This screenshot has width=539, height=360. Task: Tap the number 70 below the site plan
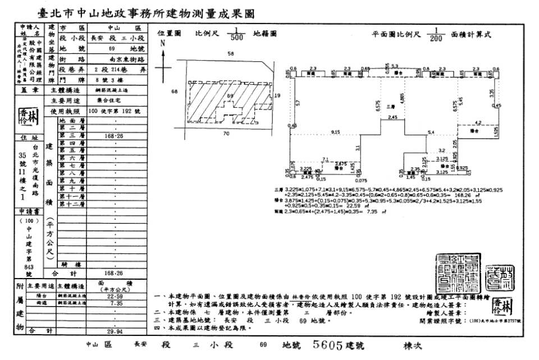(226, 134)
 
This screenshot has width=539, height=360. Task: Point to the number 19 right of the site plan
(277, 96)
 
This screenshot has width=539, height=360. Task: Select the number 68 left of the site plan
(175, 90)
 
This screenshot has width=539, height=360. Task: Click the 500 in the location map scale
(237, 38)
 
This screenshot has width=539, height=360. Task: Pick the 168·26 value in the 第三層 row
(114, 135)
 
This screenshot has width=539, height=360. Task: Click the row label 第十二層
(71, 204)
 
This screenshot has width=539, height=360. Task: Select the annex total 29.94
(114, 331)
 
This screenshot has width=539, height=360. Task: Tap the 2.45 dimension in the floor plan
(393, 117)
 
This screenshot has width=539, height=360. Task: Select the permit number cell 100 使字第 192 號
(114, 111)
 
